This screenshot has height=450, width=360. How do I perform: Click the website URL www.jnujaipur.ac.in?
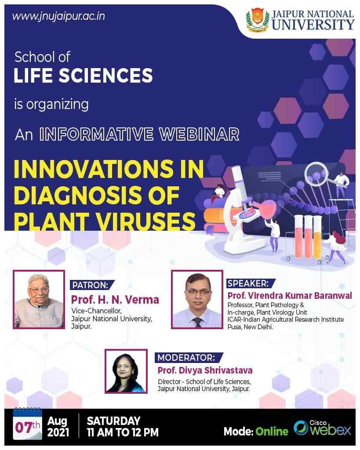point(58,17)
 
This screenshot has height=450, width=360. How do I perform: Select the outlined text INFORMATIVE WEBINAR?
point(139,134)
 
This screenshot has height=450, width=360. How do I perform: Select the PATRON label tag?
point(92,284)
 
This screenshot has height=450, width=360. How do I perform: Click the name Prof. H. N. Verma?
point(115,300)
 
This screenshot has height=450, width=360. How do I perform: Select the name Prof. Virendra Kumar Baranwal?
point(289,296)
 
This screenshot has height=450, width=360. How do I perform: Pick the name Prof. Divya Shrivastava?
point(205,370)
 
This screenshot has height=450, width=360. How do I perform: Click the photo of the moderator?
point(126,371)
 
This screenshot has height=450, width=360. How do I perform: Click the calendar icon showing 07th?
point(28,425)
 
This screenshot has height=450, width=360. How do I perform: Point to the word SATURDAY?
point(113,421)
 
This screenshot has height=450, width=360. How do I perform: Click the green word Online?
point(273,431)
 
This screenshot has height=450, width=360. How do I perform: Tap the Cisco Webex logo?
point(323,428)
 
